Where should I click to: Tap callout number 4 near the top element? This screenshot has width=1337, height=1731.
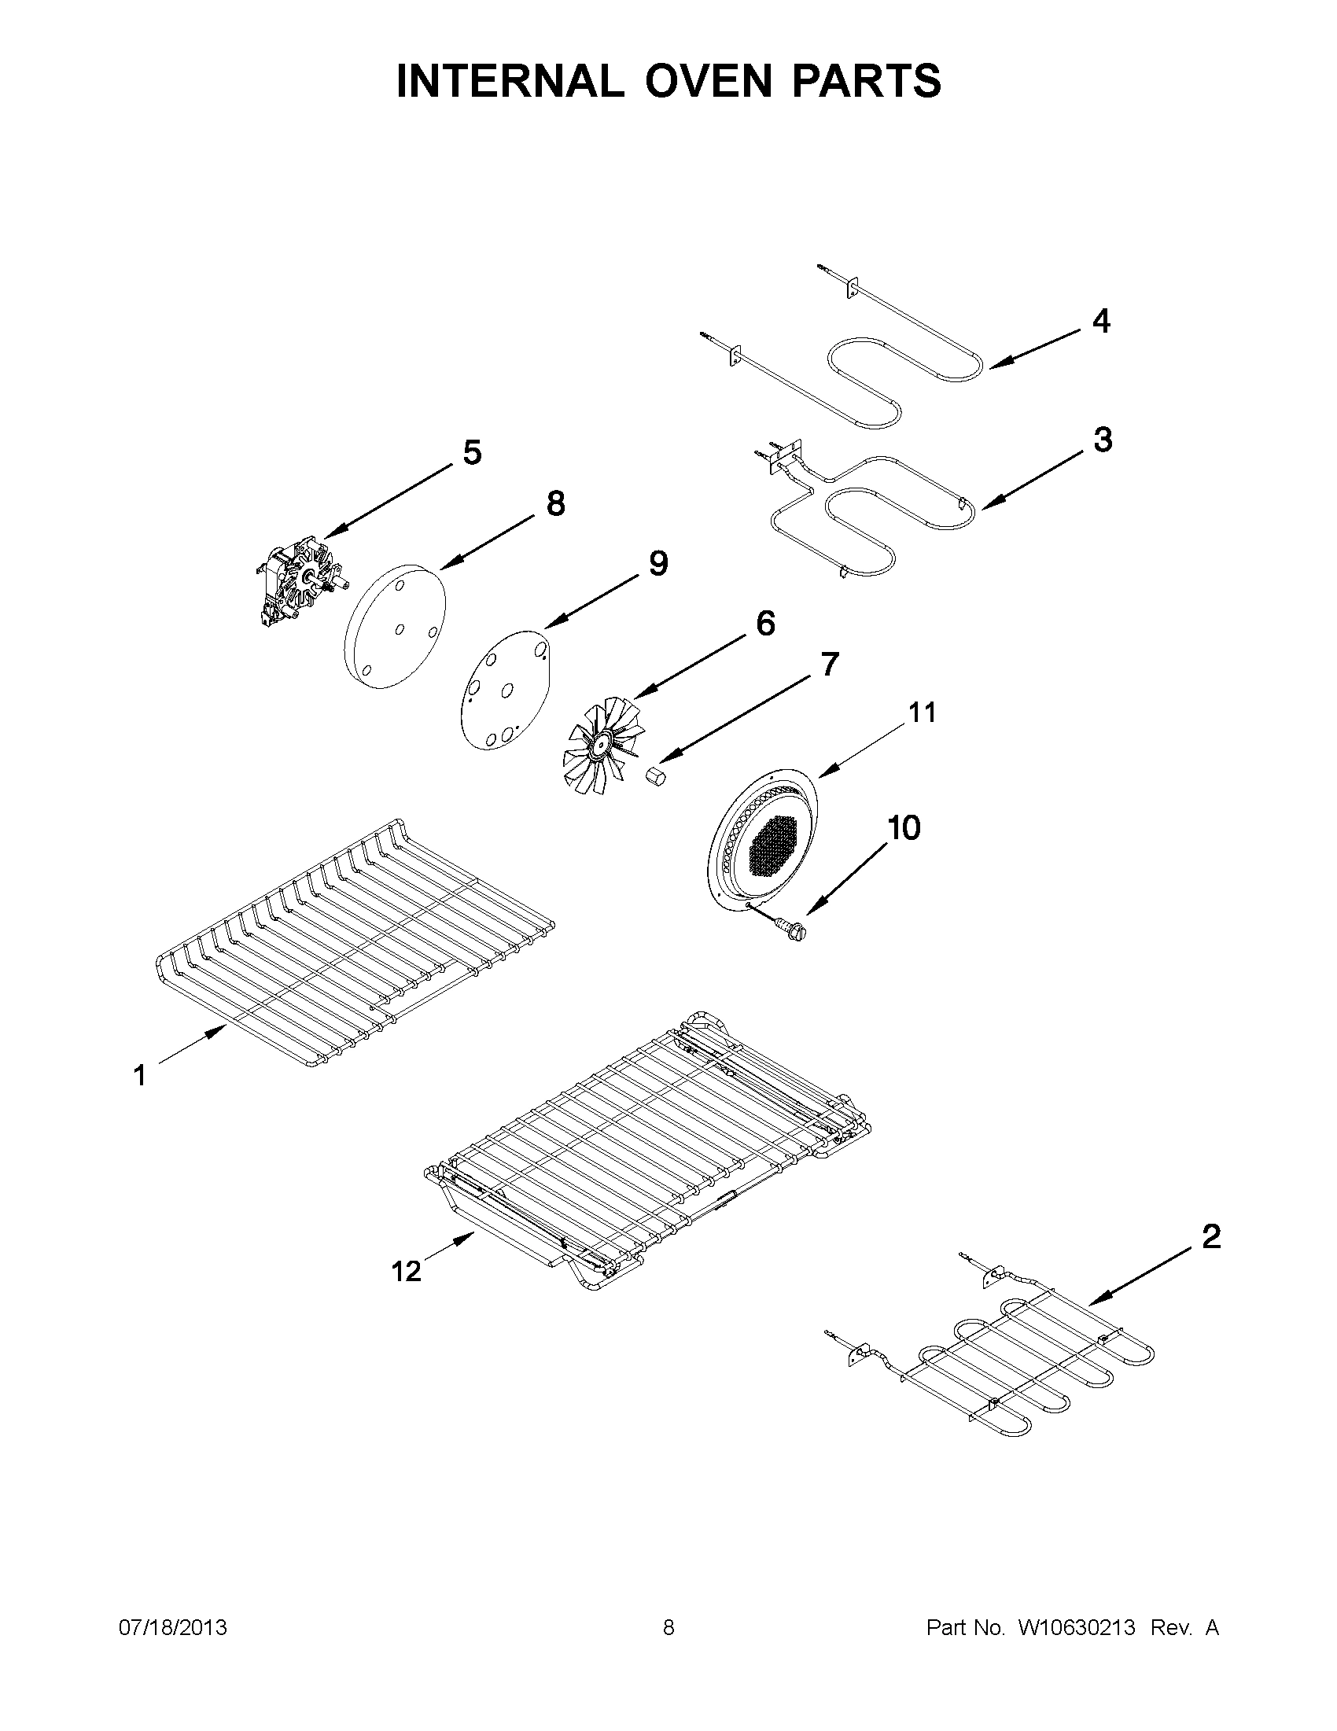1101,321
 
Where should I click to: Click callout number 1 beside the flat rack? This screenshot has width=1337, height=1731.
139,1076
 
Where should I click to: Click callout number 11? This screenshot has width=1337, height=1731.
922,713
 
